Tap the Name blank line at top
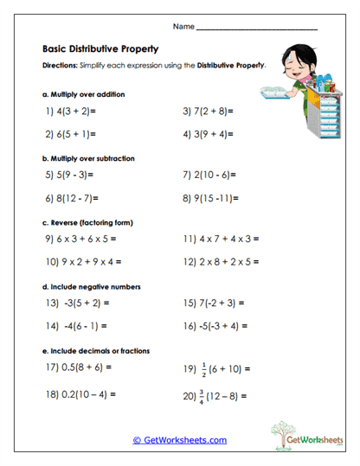(257, 29)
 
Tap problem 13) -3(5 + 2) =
(77, 303)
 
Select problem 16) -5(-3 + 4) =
(215, 326)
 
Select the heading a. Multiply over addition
(83, 93)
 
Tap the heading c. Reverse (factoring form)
(90, 221)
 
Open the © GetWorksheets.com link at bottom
(180, 440)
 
